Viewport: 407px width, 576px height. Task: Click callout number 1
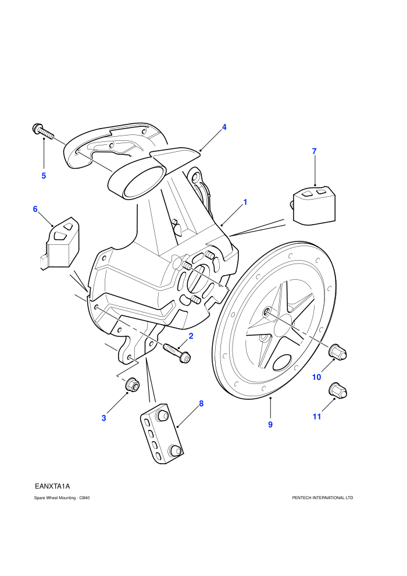(x=245, y=202)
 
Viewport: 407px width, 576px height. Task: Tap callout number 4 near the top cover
(x=224, y=127)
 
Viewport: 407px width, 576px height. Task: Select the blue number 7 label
(x=314, y=151)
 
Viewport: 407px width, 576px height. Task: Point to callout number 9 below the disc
(x=270, y=424)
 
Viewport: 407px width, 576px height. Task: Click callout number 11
(x=317, y=416)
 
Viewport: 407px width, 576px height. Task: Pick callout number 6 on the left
(x=35, y=209)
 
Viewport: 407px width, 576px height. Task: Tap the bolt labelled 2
(x=177, y=352)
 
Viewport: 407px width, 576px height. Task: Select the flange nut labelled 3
(x=132, y=385)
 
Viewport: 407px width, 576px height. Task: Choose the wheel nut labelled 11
(x=338, y=390)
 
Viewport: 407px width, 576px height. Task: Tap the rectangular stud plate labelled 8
(x=162, y=433)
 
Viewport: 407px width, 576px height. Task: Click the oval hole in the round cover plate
(x=283, y=362)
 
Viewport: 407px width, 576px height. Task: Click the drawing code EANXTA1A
(x=52, y=486)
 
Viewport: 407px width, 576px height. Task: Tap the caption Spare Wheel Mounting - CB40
(x=62, y=498)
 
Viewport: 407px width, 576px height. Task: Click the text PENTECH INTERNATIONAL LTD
(x=323, y=498)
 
